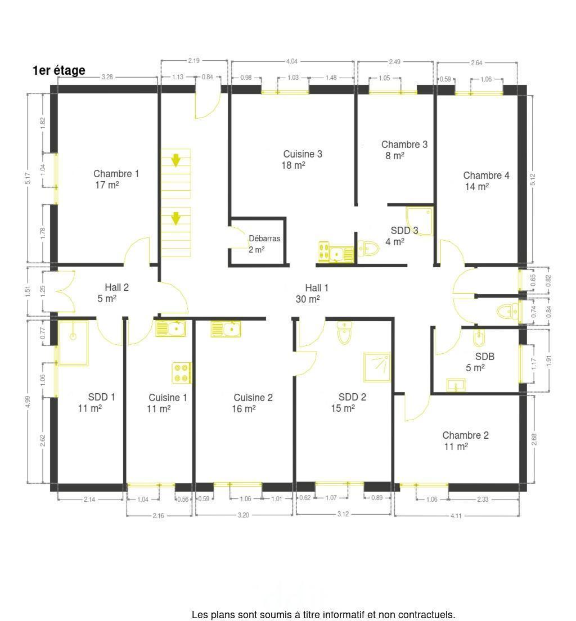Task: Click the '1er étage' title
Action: (x=58, y=70)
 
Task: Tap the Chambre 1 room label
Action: (x=116, y=173)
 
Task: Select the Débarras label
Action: (x=264, y=238)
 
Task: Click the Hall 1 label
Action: (x=317, y=288)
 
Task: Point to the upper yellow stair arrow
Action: (x=176, y=160)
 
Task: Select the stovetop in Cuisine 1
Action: (x=182, y=373)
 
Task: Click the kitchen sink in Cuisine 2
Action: (x=226, y=328)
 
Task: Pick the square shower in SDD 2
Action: (x=377, y=367)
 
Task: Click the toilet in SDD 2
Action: (x=344, y=332)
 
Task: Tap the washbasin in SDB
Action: (x=456, y=385)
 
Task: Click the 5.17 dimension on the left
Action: (x=28, y=178)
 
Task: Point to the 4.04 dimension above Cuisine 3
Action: (x=292, y=61)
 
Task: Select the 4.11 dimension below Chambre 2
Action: (x=456, y=516)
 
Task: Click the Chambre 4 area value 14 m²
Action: (x=477, y=187)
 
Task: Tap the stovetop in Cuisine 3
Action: (x=324, y=251)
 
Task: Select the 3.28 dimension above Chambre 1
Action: (x=107, y=77)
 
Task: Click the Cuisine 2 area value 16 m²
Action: (x=244, y=408)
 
